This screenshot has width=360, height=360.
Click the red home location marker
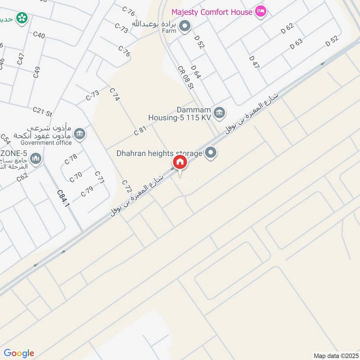click(180, 162)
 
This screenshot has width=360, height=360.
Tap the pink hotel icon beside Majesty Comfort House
click(260, 11)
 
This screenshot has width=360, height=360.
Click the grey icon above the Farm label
click(184, 27)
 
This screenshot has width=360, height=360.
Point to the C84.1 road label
click(63, 198)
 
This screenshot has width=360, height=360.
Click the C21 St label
click(43, 111)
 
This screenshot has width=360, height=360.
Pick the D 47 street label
click(254, 62)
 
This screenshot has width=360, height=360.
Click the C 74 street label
click(115, 94)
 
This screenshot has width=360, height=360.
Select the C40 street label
click(39, 35)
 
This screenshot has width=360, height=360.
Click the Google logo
click(19, 353)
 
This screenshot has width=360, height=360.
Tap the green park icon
click(21, 18)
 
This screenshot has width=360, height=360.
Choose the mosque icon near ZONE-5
click(36, 158)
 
